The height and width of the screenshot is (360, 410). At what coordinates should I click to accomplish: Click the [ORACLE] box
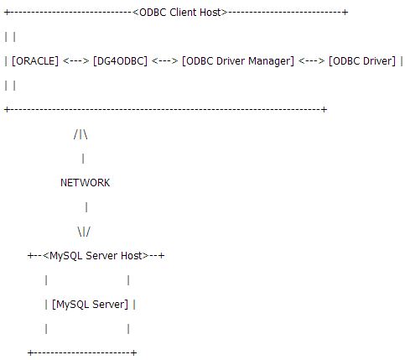(x=35, y=61)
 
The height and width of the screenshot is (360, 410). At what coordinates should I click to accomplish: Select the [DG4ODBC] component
(x=120, y=61)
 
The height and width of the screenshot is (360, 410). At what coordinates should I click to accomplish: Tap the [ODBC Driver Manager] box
(x=238, y=61)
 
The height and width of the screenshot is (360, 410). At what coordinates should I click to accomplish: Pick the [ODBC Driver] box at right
(x=362, y=61)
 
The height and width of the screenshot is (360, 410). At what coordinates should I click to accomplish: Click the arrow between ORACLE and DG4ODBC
(x=76, y=60)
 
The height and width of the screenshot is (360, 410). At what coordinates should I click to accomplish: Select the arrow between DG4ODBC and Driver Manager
(x=164, y=60)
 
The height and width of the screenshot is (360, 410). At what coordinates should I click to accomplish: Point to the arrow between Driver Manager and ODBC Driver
(x=312, y=60)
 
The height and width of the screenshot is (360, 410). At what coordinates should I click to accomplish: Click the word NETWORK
(x=86, y=183)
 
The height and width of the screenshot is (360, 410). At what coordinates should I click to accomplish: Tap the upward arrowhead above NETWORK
(x=80, y=134)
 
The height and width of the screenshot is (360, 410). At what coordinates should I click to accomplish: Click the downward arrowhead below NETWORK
(x=84, y=232)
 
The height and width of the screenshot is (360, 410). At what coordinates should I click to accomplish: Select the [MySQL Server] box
(x=90, y=305)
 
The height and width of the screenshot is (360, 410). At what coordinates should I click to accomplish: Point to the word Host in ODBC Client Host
(x=210, y=13)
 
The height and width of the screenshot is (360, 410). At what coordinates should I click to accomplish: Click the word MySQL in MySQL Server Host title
(x=66, y=256)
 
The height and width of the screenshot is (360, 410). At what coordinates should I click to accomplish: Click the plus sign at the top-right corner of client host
(x=345, y=13)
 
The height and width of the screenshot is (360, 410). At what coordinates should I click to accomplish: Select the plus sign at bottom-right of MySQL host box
(x=134, y=352)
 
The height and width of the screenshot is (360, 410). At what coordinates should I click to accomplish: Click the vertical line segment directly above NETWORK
(x=83, y=159)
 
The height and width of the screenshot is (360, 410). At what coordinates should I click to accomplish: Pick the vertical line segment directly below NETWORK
(x=86, y=207)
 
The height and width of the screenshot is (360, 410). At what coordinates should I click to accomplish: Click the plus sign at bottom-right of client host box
(x=324, y=109)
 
